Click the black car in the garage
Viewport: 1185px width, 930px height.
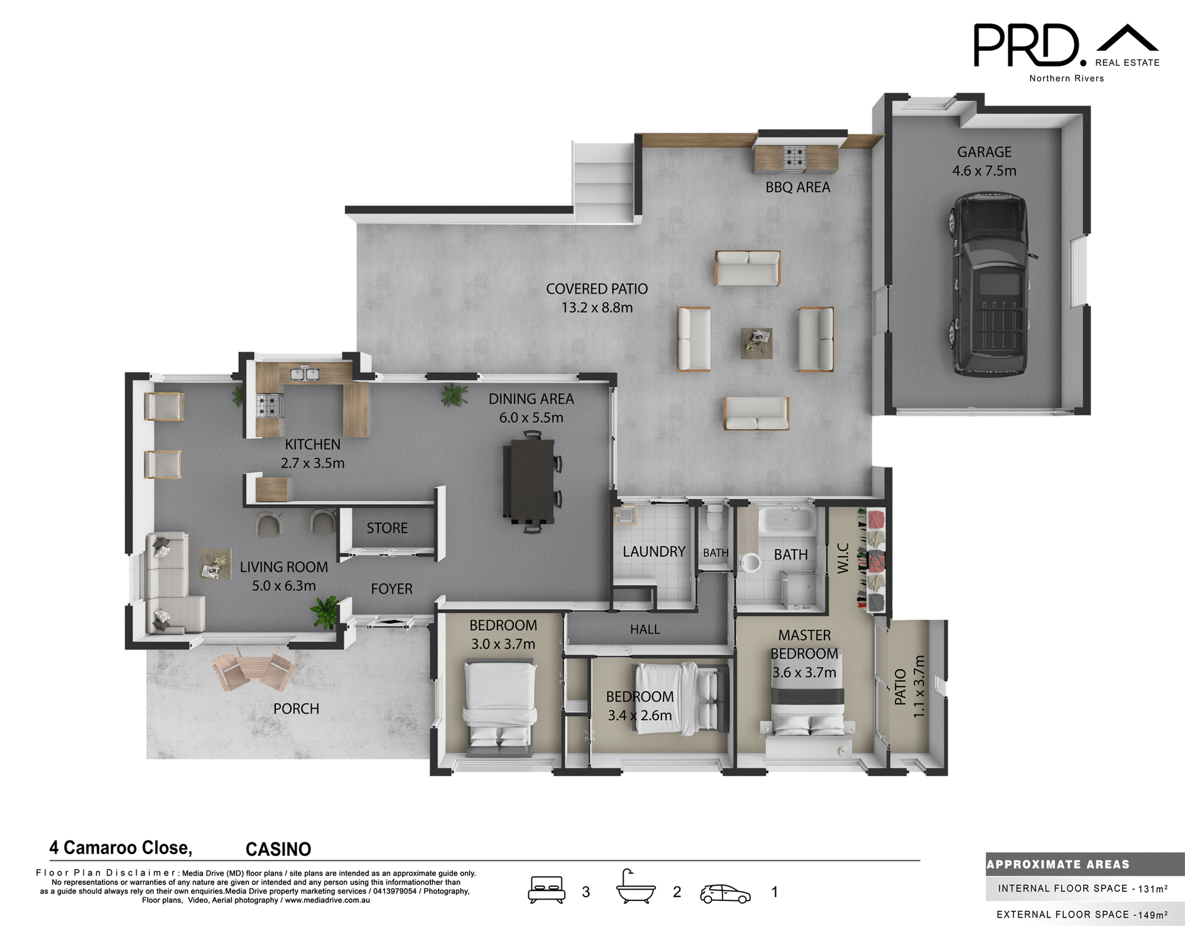click(990, 284)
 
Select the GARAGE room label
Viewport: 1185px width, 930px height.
click(984, 152)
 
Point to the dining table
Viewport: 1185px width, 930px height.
click(529, 479)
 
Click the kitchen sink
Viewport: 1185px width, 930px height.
click(304, 373)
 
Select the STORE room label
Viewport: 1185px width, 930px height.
click(387, 528)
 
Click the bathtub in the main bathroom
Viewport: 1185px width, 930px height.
click(786, 520)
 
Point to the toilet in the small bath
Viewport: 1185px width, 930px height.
click(714, 518)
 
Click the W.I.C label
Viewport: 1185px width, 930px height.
click(843, 558)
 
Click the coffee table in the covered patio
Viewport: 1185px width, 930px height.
click(757, 343)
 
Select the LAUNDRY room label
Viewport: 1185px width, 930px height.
click(654, 552)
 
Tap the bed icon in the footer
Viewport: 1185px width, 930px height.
click(546, 890)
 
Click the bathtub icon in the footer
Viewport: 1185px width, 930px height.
click(635, 888)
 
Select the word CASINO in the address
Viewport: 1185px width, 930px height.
click(278, 850)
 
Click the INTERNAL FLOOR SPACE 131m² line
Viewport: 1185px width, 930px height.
click(1083, 889)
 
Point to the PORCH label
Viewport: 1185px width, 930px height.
click(296, 709)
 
